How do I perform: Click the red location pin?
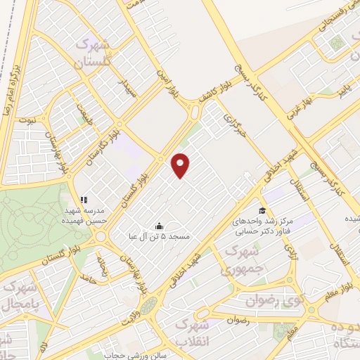(x=181, y=165)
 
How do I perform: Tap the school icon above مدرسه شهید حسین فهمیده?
(x=84, y=200)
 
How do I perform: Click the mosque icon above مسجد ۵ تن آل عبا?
(x=159, y=226)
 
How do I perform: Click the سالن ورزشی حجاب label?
(x=130, y=356)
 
